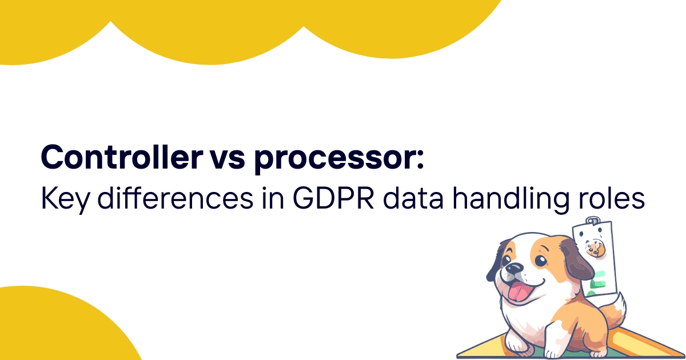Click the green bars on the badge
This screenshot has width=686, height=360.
pyautogui.click(x=598, y=282)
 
